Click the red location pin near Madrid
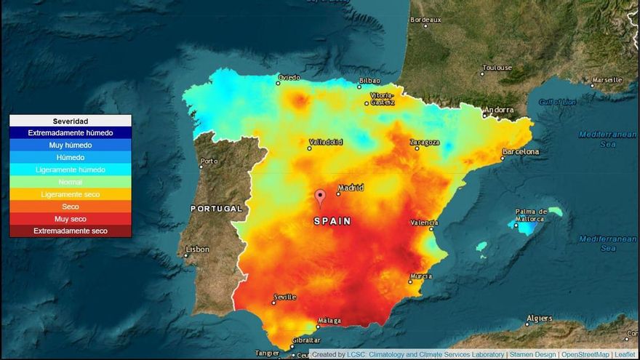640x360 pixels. coord(320,196)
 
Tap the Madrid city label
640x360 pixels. coord(351,187)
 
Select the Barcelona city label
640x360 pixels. coord(521,152)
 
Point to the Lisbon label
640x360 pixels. coord(197,249)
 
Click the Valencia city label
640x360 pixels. coord(424,223)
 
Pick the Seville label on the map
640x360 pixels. coord(284,297)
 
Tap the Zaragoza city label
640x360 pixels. coord(425,142)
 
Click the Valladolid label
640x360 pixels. coord(326,142)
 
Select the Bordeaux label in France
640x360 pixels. coord(426,20)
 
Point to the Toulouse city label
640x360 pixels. coord(497,68)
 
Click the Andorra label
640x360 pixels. coord(500,110)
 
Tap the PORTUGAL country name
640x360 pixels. coord(216,209)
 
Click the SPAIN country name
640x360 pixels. coord(332,221)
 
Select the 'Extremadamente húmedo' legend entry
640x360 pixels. coord(71,133)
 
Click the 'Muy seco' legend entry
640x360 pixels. coord(71,219)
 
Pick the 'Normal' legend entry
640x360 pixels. coord(71,182)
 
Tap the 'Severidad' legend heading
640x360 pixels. coord(71,121)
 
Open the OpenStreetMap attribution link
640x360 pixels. coord(585,354)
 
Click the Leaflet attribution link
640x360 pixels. coord(625,354)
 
